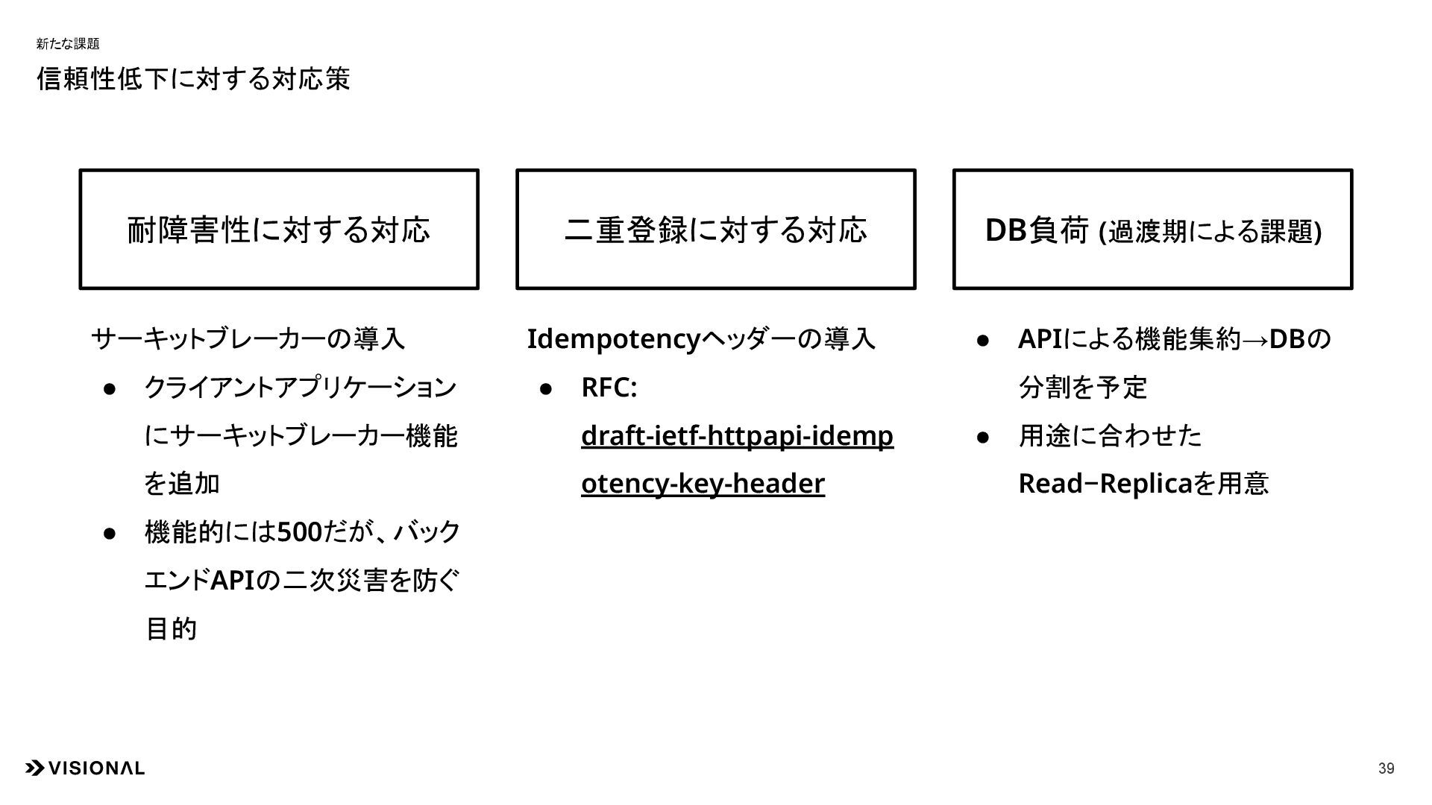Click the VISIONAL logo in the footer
click(85, 768)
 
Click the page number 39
click(1386, 768)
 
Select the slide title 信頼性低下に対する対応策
click(193, 79)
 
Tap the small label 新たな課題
click(67, 44)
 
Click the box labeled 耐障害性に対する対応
click(279, 230)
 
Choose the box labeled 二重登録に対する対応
click(715, 230)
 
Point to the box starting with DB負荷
click(1152, 230)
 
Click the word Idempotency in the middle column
click(613, 340)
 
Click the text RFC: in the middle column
click(609, 388)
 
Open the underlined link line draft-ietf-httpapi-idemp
click(737, 436)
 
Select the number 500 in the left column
click(298, 533)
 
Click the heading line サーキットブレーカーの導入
click(248, 340)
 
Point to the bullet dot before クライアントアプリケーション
click(110, 388)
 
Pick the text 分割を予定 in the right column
click(1082, 388)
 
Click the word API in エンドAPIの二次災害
click(233, 581)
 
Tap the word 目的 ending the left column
click(171, 629)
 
